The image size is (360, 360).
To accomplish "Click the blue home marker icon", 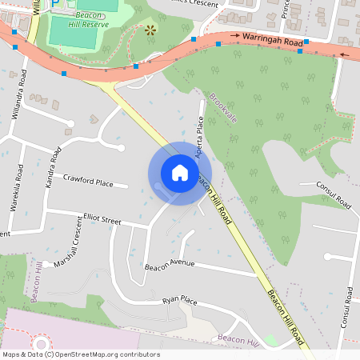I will click(179, 172).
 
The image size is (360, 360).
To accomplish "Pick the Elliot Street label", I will click(102, 219).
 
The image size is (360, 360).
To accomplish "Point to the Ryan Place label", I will click(179, 300).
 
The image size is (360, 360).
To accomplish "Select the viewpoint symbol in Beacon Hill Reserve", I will click(150, 30).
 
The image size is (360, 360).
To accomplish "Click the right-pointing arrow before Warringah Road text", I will click(235, 35).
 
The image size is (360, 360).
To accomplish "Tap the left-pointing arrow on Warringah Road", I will click(344, 54).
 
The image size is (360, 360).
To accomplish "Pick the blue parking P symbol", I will click(54, 4).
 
